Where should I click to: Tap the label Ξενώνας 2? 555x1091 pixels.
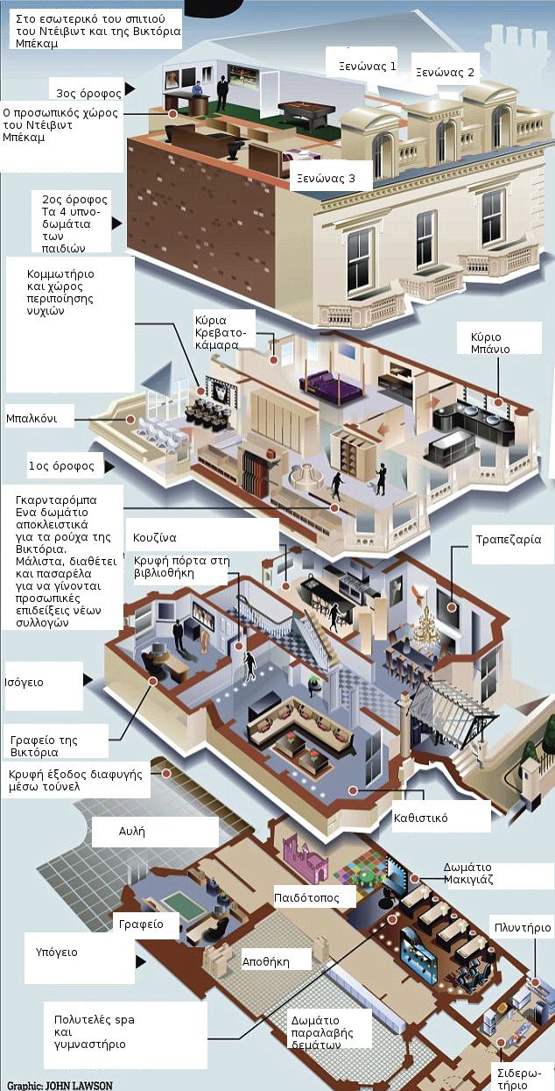[443, 73]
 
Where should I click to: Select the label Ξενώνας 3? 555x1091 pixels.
[325, 178]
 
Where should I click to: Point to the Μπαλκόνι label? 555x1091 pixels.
[31, 418]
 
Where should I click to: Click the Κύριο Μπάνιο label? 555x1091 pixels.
[492, 343]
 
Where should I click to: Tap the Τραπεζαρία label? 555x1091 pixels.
[502, 540]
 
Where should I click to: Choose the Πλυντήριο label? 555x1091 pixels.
[522, 927]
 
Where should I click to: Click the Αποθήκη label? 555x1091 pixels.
[265, 961]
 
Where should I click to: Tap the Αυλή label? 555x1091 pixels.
[131, 830]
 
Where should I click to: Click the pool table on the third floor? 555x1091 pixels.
[306, 112]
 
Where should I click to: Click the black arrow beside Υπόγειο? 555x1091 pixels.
[140, 963]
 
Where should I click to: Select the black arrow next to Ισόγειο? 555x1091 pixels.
[87, 679]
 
